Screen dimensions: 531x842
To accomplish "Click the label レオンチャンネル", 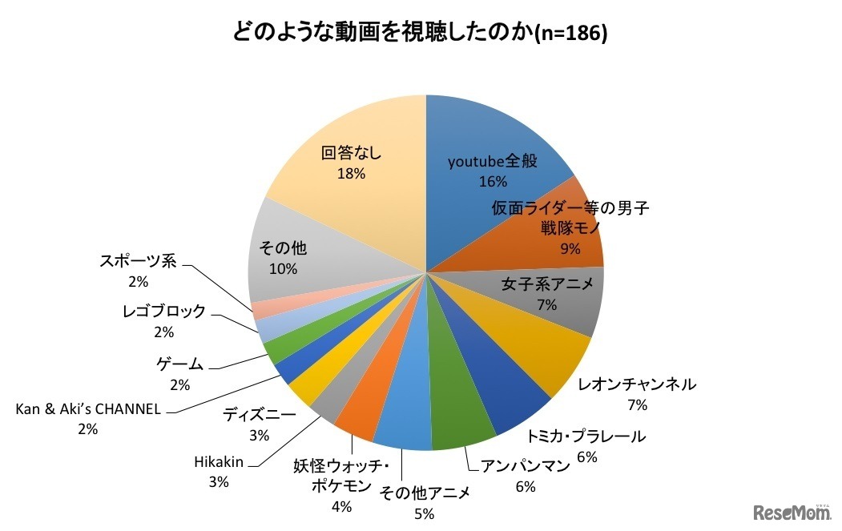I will tap(637, 384).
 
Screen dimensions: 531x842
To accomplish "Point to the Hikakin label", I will tap(218, 462).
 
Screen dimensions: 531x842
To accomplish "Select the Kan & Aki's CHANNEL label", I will tap(88, 409).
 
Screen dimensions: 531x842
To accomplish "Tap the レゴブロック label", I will tap(164, 312).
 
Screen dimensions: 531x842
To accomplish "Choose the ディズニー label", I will tap(259, 416).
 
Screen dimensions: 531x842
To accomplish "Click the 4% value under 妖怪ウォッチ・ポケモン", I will tap(341, 506).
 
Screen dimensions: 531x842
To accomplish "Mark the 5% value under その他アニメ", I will tap(424, 513).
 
